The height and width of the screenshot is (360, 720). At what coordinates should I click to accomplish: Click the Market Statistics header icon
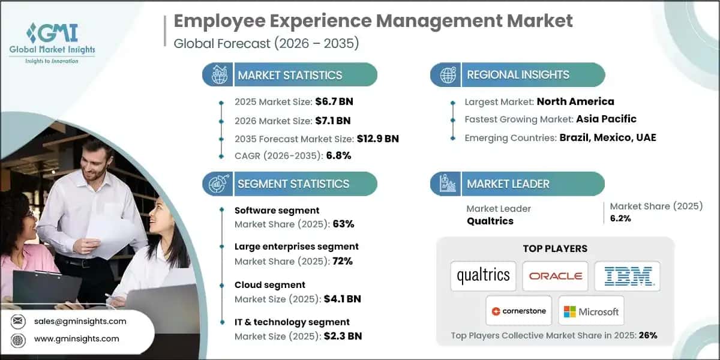pos(218,75)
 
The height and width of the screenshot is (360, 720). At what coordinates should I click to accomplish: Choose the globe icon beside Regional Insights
pos(447,75)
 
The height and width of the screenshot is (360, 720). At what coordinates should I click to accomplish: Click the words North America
pos(575,101)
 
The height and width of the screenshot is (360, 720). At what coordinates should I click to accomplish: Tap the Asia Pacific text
pos(606,119)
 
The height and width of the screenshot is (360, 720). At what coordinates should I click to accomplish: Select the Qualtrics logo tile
pos(483,275)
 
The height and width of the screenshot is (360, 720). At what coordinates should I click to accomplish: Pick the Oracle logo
pos(555,276)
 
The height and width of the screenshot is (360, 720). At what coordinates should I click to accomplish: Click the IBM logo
pos(627,276)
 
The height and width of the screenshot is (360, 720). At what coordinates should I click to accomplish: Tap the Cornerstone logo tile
pos(519,311)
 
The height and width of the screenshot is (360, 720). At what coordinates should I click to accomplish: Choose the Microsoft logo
pos(591,311)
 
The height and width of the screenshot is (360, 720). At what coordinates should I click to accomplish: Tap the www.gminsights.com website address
pos(77,339)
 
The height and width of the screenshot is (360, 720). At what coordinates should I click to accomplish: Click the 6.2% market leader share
pos(620,218)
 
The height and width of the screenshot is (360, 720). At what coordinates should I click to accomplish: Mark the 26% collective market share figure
pos(648,335)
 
